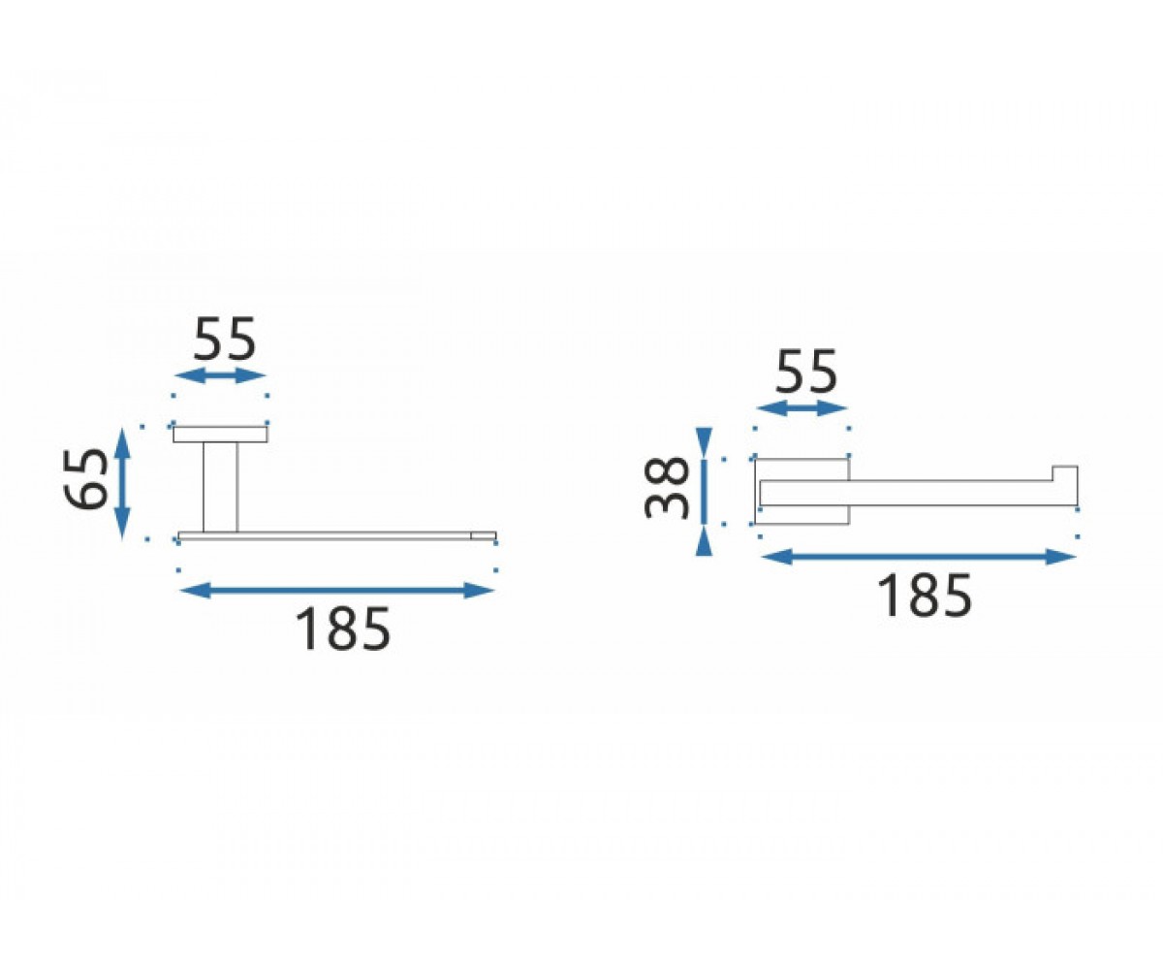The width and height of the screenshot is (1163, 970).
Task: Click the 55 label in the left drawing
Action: point(225,339)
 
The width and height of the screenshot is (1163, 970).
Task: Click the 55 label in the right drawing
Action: point(806,371)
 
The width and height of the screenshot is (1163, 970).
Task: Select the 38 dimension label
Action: point(667,488)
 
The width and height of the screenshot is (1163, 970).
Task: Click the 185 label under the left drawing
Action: point(342,629)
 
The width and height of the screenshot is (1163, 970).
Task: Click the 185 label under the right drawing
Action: point(924,597)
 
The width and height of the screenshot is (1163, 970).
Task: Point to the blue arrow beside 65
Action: point(122,483)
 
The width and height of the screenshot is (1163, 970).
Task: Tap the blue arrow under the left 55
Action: point(220,375)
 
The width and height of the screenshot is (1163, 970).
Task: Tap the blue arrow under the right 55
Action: point(802,407)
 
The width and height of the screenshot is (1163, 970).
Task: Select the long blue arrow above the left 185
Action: point(337,590)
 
